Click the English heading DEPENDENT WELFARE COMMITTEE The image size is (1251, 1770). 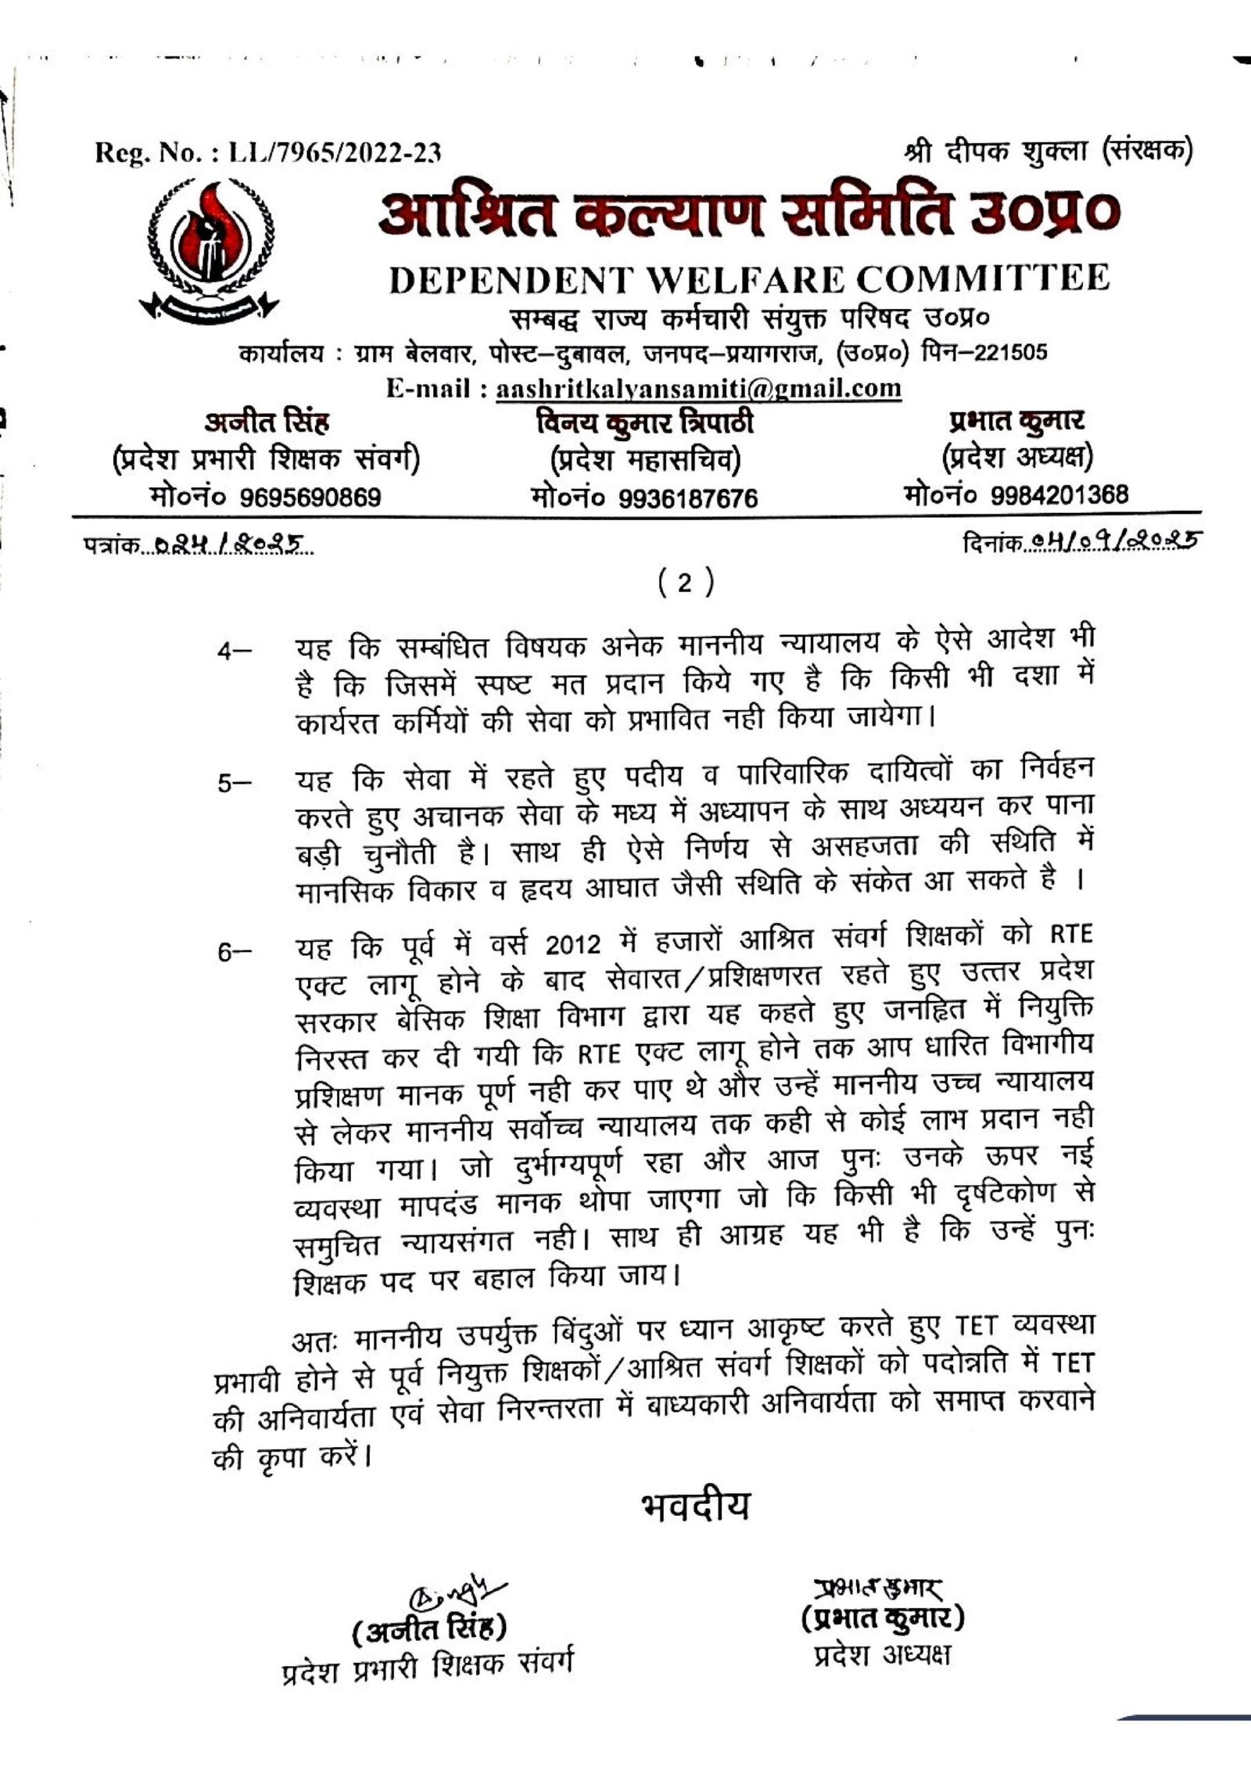coord(749,278)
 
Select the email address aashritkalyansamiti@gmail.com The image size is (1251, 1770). coord(698,388)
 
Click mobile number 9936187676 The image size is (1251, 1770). coord(688,498)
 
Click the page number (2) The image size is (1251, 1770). coord(684,583)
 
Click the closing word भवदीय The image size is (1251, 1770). coord(694,1506)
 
